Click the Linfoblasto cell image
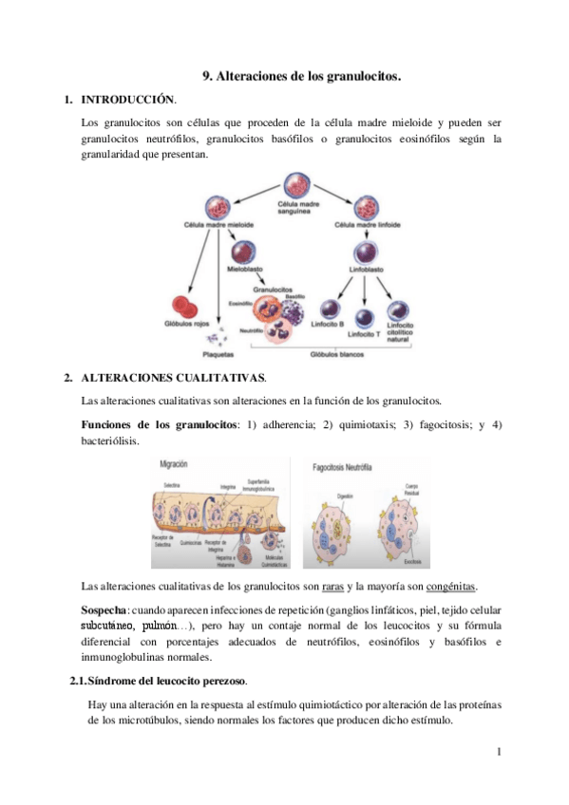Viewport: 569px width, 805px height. (366, 253)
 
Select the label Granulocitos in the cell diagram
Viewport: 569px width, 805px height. (272, 289)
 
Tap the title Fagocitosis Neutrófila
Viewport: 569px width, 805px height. (356, 467)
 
